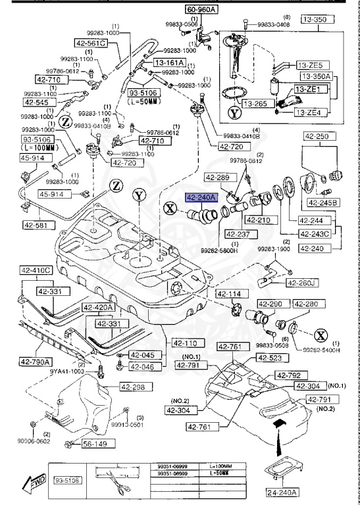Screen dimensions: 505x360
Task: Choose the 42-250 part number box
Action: point(319,136)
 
